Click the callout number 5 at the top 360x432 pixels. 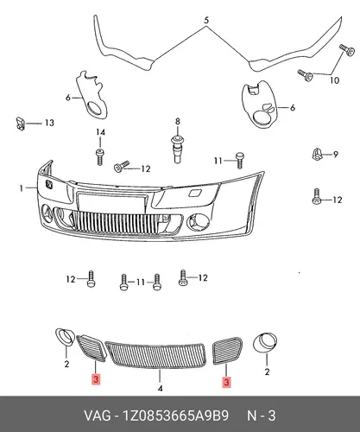(206, 21)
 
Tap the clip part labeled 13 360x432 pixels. (20, 124)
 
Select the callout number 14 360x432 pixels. (100, 132)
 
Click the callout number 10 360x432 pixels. (334, 80)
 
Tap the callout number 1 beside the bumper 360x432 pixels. (21, 188)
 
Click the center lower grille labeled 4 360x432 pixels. (155, 354)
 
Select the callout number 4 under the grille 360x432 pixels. (161, 388)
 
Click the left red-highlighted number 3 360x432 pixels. (96, 379)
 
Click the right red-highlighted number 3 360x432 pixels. (226, 382)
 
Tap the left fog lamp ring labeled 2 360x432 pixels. (65, 337)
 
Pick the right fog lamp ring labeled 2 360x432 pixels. (265, 343)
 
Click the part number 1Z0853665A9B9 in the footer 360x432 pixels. (176, 416)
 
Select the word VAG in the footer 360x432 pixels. (97, 416)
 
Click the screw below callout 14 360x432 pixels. (100, 156)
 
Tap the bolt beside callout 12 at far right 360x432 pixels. (317, 196)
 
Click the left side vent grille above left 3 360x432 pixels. (92, 347)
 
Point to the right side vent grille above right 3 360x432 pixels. (227, 351)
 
